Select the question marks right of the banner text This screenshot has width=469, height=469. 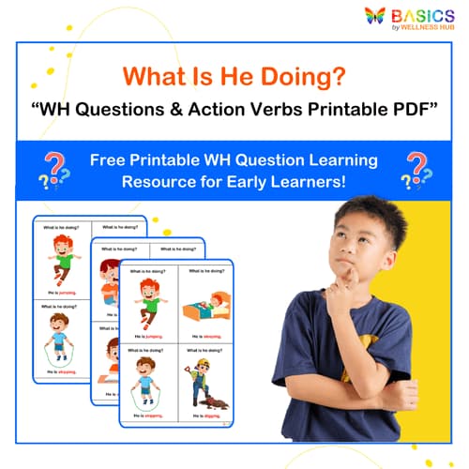click(415, 170)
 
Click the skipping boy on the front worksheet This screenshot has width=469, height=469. click(147, 383)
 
